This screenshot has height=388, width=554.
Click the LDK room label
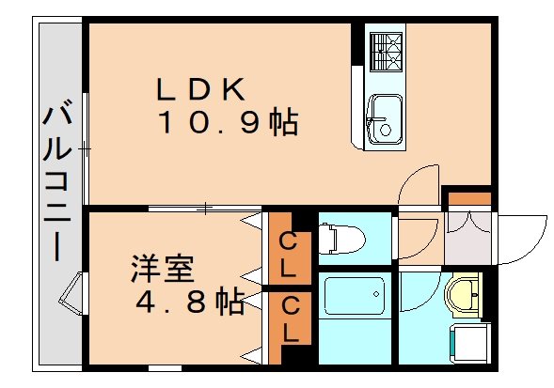pos(200,89)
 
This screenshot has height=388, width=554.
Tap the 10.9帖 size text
pos(229,122)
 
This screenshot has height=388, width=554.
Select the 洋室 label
pos(162,269)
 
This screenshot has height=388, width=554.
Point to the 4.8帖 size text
pos(190,303)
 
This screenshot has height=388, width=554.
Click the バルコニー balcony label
pos(57,180)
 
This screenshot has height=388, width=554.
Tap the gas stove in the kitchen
pos(386,52)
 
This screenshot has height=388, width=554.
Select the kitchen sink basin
pos(385,118)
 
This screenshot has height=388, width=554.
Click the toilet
pos(341,240)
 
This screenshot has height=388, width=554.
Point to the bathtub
pos(355,296)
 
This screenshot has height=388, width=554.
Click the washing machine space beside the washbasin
pos(469,343)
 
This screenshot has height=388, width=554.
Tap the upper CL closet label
pos(288,256)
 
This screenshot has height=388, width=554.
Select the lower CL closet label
pos(291,319)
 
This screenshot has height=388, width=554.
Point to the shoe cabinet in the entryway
pos(467,238)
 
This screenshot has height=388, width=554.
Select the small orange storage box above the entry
pos(469,199)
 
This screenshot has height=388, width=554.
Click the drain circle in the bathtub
pos(376,294)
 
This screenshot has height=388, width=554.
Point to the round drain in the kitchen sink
pos(385,130)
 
